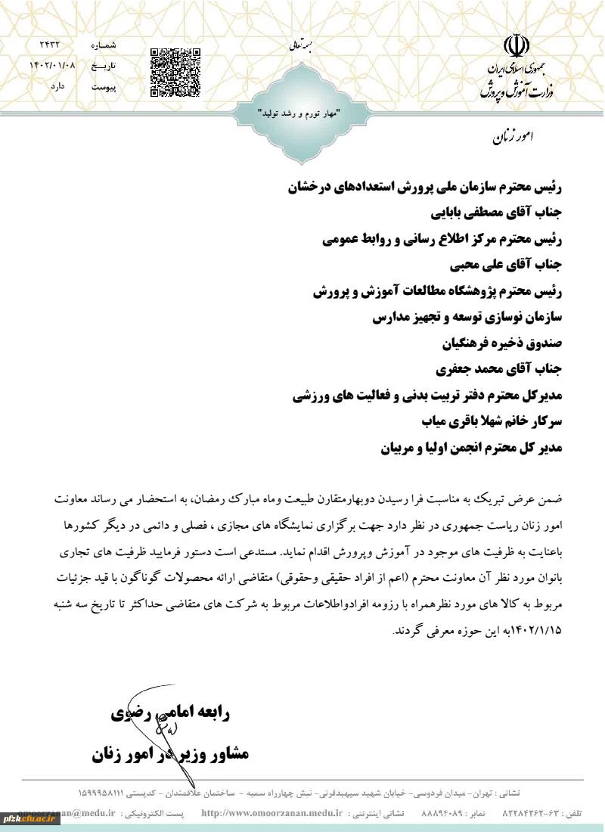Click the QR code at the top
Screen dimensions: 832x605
pos(175,73)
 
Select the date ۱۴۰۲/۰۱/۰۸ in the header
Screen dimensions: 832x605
pos(52,67)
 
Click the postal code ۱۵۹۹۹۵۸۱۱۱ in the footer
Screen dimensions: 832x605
pos(108,793)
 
